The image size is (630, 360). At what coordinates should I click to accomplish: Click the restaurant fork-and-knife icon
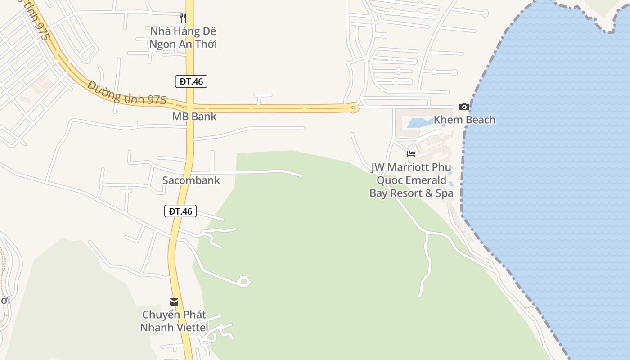pos(183,18)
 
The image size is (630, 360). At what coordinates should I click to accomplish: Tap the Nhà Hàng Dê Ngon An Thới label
pos(183,38)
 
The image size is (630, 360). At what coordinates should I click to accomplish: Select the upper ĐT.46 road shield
pos(191,81)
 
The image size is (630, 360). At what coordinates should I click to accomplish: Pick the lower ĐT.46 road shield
pos(180,211)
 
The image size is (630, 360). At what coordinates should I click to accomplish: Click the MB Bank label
pos(194,117)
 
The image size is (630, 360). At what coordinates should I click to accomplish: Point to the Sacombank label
pos(191,180)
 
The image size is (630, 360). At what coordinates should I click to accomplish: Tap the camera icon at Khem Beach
pos(464,107)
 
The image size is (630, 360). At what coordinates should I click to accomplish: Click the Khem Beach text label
pos(464,120)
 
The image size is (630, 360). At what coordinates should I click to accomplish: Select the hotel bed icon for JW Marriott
pos(411,153)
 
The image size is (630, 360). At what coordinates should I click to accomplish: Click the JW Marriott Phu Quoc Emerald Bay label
pos(411,180)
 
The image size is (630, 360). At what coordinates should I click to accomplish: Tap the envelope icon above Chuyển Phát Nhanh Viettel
pos(174,301)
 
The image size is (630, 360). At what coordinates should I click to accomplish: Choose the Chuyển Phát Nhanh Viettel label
pos(174,321)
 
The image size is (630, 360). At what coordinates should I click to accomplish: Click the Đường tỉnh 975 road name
pos(127,93)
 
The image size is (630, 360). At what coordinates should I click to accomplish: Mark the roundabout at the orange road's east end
pos(353,108)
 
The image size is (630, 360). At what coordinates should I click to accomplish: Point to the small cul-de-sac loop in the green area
pos(244,281)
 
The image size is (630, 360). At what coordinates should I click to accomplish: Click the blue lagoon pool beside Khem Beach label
pos(421,122)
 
